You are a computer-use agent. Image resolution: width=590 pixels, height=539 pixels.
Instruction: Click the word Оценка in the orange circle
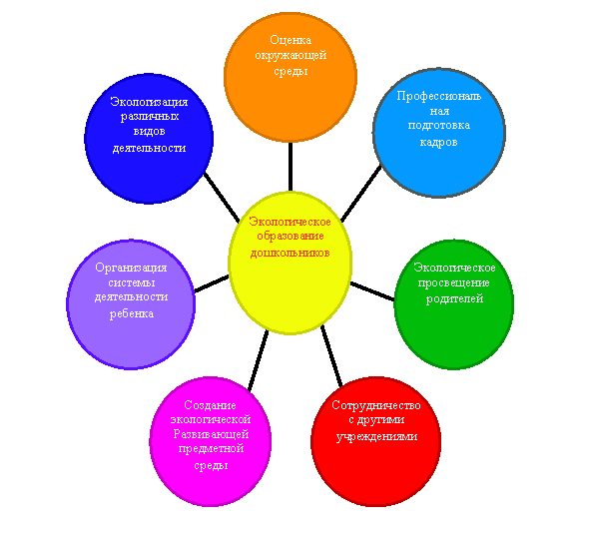pos(291,40)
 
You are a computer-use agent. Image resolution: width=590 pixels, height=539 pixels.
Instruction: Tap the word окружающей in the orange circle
pos(291,56)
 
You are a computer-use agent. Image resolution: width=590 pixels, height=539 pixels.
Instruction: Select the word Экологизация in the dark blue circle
pos(149,102)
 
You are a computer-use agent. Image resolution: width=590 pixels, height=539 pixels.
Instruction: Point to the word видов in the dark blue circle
pos(149,132)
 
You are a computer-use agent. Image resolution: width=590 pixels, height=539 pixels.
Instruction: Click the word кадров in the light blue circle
pos(438,142)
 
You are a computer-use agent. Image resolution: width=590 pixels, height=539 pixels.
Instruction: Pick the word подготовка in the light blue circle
pos(439,126)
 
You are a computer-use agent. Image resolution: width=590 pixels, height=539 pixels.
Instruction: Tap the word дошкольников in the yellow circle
pos(291,253)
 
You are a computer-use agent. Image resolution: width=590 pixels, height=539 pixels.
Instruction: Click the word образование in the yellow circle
pos(291,237)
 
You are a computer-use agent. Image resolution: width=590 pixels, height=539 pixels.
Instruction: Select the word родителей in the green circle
pos(454,299)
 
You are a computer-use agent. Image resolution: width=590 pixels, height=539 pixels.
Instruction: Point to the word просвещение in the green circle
pos(454,283)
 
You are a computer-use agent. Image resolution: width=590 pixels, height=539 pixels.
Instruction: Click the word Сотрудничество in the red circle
pos(376,405)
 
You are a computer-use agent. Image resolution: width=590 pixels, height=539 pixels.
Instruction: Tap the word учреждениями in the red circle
pos(376,437)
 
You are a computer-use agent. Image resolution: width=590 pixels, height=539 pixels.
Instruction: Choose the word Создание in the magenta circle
pos(211,405)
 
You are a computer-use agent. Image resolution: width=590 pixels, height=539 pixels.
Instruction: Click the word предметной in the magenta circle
pos(211,449)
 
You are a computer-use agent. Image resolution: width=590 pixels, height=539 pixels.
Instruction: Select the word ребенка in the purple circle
pos(132,313)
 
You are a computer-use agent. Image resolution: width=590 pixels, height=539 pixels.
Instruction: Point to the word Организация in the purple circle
pos(131,269)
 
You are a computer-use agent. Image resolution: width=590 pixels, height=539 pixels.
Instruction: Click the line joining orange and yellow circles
pos(291,167)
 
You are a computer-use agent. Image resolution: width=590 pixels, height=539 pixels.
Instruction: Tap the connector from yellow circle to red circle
pos(331,356)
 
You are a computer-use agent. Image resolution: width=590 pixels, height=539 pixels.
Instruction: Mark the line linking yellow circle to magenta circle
pos(259,361)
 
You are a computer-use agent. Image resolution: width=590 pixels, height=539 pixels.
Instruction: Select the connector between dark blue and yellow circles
pos(222,198)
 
